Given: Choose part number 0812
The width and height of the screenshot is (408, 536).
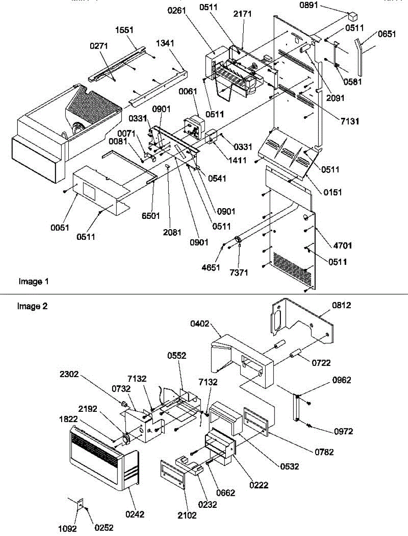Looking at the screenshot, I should click(x=341, y=306).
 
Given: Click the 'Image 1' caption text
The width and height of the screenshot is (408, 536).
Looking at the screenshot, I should click(x=33, y=281).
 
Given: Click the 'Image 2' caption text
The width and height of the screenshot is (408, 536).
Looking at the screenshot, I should click(x=32, y=306).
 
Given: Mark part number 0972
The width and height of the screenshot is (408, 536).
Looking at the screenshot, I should click(x=343, y=431).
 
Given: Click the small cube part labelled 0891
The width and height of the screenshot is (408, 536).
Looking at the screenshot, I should click(x=354, y=17).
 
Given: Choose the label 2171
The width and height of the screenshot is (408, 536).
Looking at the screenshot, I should click(x=242, y=14).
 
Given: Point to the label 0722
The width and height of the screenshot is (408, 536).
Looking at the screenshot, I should click(x=321, y=363).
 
